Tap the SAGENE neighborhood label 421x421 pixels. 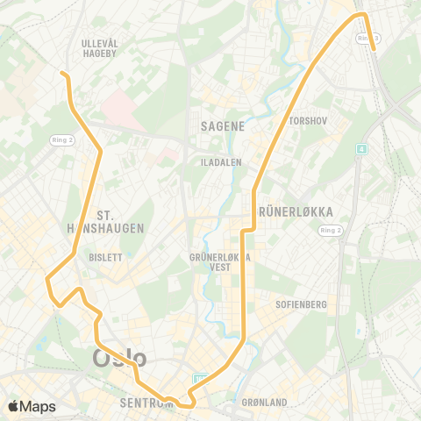pos(222,125)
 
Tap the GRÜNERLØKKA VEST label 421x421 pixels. pos(221,262)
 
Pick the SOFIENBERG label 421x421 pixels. pos(302,304)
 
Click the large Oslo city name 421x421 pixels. pos(119,358)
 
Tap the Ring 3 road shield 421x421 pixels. pos(368,38)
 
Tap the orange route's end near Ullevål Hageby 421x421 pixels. pos(62,74)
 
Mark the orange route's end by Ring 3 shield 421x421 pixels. pos(375,51)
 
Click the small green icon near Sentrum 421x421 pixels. pos(200,379)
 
